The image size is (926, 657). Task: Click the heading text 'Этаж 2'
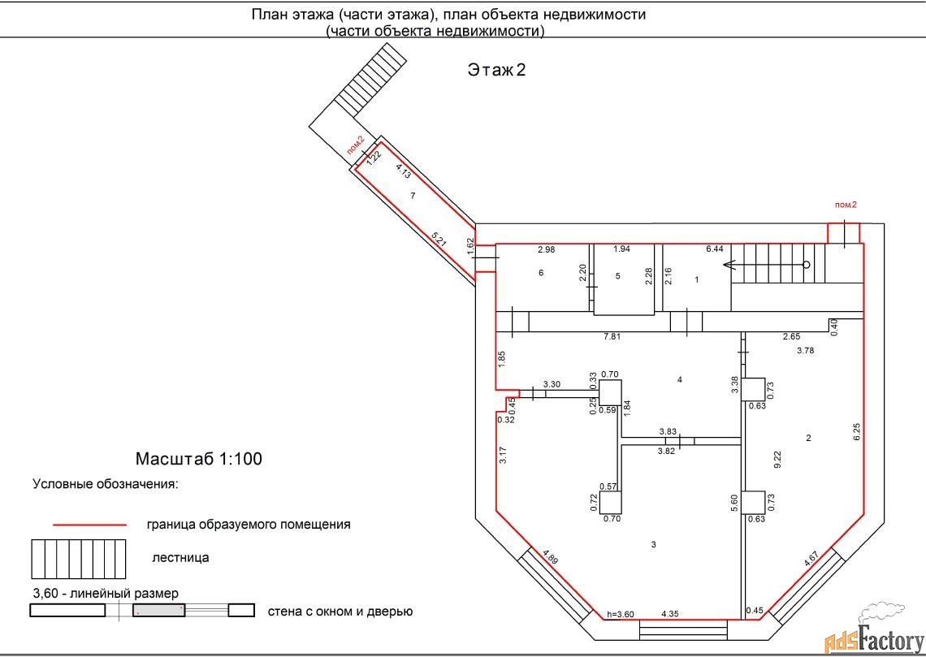point(496,70)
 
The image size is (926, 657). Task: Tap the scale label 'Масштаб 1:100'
point(198,459)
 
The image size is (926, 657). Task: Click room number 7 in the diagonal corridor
point(413,196)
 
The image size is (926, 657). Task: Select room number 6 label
point(541,272)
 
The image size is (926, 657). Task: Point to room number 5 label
point(617,275)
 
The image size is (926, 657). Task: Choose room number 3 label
point(654,544)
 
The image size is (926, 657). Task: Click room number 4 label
point(680,379)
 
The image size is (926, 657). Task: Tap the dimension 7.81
point(612,336)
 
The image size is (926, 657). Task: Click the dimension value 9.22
point(777,460)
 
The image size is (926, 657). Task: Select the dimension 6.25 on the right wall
point(857,430)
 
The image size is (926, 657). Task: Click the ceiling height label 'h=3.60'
point(620,614)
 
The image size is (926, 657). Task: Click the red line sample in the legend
point(90,524)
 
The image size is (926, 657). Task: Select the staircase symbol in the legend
point(78,559)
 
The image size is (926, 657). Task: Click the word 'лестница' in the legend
point(180,558)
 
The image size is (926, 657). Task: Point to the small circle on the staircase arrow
point(806,265)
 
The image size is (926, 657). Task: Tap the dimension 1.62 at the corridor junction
point(470,245)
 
